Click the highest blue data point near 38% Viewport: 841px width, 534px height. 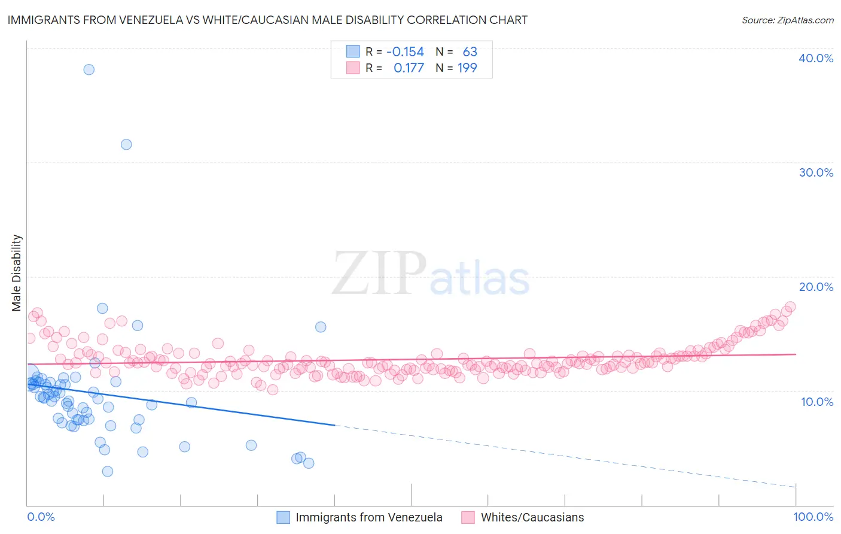pos(89,69)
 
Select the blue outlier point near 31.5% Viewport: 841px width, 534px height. pos(126,144)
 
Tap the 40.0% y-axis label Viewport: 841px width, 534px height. pos(816,58)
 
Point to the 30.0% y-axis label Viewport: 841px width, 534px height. pos(816,172)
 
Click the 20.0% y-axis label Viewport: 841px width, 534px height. pos(816,287)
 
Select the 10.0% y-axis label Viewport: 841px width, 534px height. pos(817,402)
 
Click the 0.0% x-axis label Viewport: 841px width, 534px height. pos(41,517)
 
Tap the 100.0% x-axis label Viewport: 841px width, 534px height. pos(813,517)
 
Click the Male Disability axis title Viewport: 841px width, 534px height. pos(16,273)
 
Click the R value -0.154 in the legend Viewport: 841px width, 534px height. pos(405,52)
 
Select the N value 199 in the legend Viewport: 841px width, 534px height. pos(467,68)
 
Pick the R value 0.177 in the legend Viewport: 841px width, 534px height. pos(409,68)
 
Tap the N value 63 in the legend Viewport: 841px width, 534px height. pos(470,52)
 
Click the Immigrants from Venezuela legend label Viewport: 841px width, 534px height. pos(369,517)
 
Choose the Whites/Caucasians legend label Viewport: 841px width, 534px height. pos(532,517)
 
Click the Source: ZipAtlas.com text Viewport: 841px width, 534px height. pos(787,20)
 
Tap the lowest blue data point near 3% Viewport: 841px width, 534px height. pos(108,471)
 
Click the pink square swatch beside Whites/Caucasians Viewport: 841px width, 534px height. pos(468,517)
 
